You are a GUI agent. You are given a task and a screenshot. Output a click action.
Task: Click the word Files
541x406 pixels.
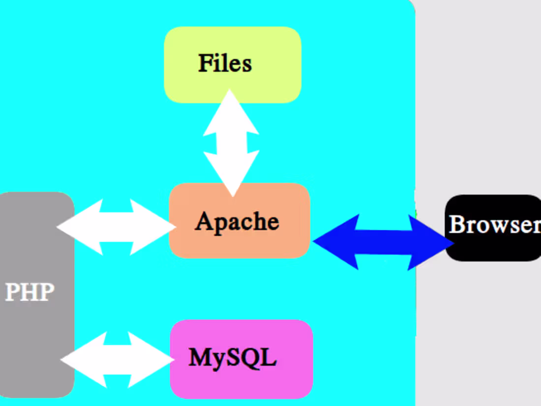225,63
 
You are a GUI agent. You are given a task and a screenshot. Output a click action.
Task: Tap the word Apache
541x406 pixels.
237,221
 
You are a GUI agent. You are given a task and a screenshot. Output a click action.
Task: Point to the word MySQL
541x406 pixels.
232,358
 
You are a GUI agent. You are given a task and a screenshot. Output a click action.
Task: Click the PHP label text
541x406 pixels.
29,292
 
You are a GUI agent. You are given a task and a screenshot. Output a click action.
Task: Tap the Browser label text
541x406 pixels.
494,224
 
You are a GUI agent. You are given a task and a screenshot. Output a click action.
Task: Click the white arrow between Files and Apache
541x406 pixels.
231,143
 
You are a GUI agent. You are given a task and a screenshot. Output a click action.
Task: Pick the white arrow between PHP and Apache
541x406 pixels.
117,227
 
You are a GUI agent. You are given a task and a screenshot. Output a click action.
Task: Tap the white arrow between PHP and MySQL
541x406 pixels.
117,360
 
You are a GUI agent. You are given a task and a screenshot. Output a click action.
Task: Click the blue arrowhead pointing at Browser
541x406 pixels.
433,242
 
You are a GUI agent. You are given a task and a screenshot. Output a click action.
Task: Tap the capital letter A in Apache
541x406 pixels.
203,222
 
